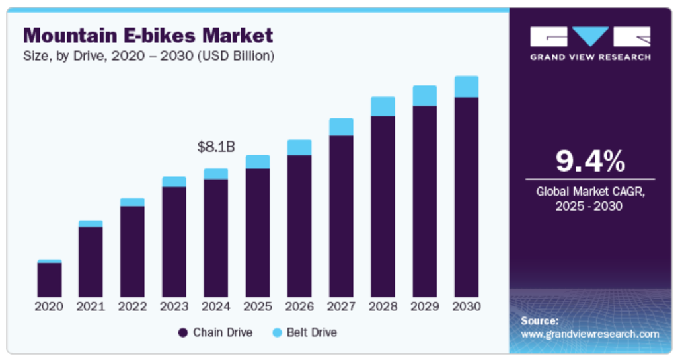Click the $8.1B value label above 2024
click(x=216, y=147)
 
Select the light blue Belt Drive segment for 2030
click(x=466, y=87)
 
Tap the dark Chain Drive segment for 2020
click(x=49, y=279)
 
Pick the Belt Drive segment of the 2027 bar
click(x=341, y=127)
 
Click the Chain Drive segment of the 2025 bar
click(x=258, y=232)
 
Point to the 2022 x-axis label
click(x=132, y=306)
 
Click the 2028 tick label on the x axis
click(x=383, y=306)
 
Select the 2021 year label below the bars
click(x=91, y=306)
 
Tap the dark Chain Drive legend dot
click(x=183, y=332)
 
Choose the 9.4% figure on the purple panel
click(x=590, y=161)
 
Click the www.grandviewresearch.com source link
click(x=590, y=334)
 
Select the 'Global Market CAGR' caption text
click(x=590, y=192)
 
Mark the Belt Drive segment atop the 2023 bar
click(x=174, y=182)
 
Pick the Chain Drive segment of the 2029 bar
click(x=424, y=201)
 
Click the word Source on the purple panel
click(x=540, y=320)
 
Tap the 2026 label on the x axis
click(x=299, y=306)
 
